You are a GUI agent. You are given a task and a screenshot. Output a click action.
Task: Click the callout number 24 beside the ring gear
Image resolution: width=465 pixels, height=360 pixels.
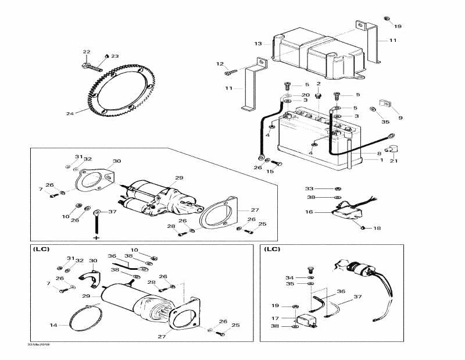[x=70, y=114]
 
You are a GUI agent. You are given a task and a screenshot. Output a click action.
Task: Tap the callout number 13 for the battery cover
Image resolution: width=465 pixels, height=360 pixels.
[x=258, y=44]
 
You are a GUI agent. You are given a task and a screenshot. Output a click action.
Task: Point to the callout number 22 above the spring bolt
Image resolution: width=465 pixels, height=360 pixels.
[x=87, y=52]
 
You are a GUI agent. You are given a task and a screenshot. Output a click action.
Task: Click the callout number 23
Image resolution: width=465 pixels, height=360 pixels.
[x=115, y=56]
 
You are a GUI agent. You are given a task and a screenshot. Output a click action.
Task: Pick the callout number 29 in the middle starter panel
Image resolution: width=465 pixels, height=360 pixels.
[x=179, y=177]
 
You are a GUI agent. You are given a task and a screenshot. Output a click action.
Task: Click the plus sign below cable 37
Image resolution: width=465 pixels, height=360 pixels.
[x=96, y=238]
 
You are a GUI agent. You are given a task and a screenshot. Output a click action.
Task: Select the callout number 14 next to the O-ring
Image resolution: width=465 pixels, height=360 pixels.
[x=53, y=325]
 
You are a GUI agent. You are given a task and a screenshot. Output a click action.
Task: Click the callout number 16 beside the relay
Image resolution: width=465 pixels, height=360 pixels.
[x=309, y=212]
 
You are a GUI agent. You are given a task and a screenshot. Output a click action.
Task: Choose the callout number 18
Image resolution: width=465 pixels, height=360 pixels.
[x=377, y=229]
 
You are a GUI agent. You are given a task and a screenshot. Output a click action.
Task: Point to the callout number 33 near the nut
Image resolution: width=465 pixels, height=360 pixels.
[x=309, y=188]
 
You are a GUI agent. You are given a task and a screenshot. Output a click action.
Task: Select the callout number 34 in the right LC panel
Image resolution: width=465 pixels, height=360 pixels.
[x=289, y=277]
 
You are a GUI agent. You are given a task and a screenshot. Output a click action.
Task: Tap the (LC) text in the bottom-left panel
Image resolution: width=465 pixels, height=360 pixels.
[x=42, y=249]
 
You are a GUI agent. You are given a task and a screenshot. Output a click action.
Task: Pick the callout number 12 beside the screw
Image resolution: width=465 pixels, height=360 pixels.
[x=220, y=64]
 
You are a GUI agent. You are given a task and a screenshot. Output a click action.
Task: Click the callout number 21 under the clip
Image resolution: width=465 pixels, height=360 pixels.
[x=394, y=161]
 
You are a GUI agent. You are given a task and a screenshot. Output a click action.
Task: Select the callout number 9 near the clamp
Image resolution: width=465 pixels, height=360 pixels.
[x=400, y=117]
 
